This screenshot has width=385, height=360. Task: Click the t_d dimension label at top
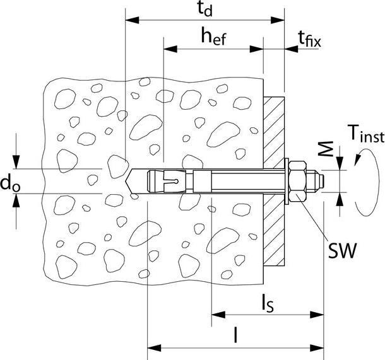tap(203, 9)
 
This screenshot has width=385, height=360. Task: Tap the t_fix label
tap(309, 40)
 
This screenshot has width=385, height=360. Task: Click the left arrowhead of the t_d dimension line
tap(129, 21)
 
